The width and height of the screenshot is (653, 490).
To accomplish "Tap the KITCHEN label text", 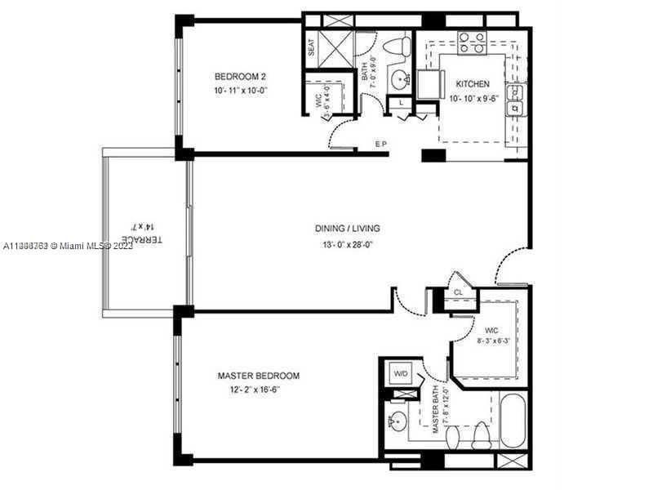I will [x=473, y=84].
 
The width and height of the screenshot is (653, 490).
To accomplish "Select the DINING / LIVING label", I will [x=348, y=229].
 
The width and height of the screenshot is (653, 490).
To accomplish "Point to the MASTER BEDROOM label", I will [x=258, y=376].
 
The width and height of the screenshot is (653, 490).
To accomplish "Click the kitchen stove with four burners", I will [x=472, y=42].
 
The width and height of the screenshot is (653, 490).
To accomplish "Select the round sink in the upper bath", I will [x=399, y=79].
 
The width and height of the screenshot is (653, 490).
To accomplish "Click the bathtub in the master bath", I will [x=513, y=420].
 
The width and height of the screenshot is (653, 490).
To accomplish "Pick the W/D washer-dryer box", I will [x=402, y=374].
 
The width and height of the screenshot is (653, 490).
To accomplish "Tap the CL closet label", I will [x=459, y=292].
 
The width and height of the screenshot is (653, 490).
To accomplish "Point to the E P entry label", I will [x=380, y=145].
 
